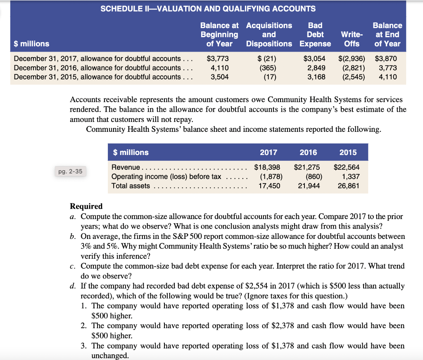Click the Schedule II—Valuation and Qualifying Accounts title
[x=208, y=9]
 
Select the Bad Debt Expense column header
[x=315, y=34]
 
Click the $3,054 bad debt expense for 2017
[x=314, y=59]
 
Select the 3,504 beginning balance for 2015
[x=220, y=77]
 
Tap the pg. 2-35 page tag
[x=70, y=171]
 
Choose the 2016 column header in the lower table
[x=308, y=153]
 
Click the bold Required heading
[x=86, y=206]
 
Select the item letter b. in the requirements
[x=73, y=236]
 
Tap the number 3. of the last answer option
[x=84, y=346]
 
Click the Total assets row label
[x=131, y=186]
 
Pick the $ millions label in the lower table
[x=131, y=153]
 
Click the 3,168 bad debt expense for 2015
[x=316, y=77]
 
